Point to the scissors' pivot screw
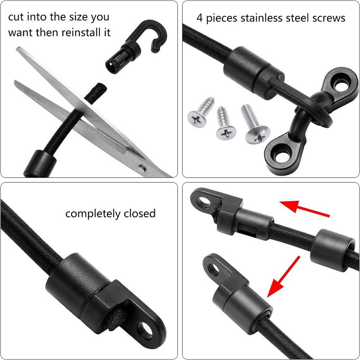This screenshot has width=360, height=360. point(141,167)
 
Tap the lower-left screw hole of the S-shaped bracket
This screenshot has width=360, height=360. point(280,154)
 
